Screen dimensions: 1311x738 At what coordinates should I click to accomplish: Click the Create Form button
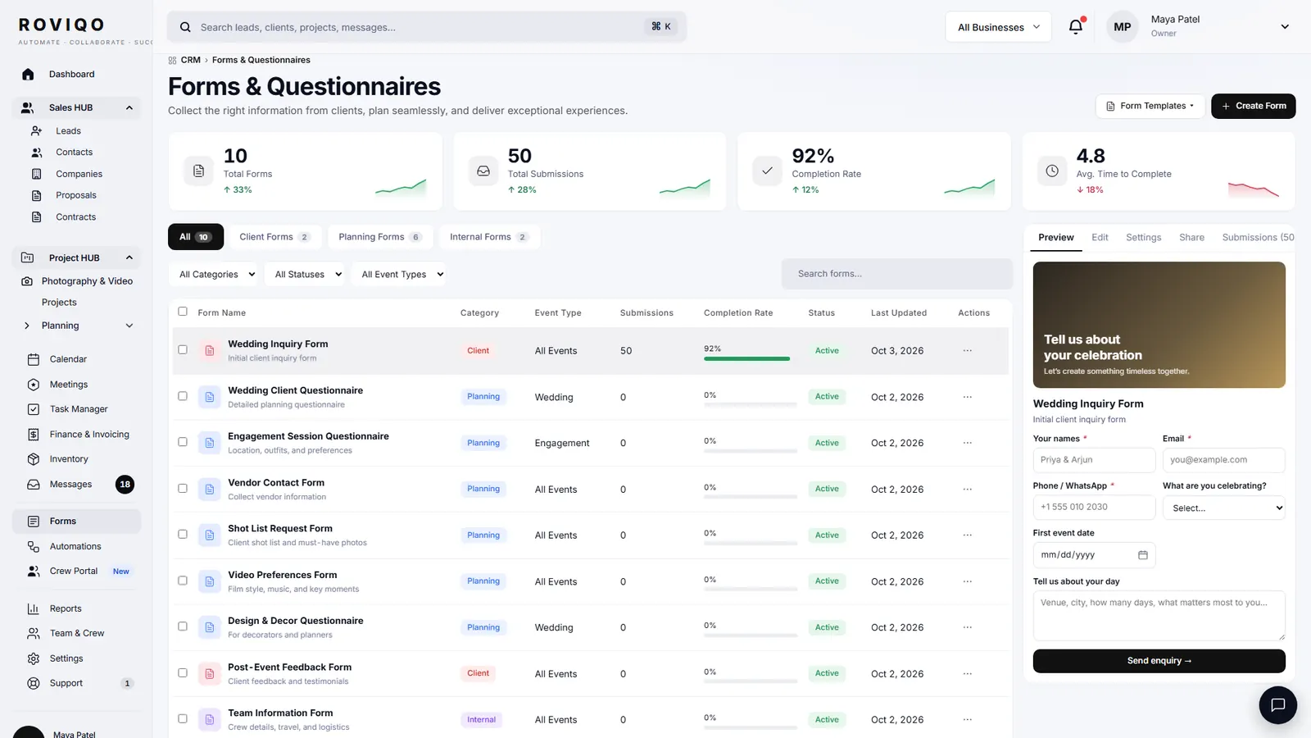[x=1253, y=106]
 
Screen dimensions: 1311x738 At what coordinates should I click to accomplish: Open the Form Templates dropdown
[x=1150, y=106]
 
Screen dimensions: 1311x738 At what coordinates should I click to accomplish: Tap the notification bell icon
[x=1076, y=27]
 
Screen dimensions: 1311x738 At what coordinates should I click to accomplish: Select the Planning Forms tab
[x=380, y=237]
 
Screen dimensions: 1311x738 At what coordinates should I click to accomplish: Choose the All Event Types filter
[x=398, y=274]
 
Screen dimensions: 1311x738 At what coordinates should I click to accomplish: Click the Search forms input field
[x=896, y=274]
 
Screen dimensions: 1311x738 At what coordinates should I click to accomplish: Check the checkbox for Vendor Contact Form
[x=183, y=488]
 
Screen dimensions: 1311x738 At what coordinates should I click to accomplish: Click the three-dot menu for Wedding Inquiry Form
[x=967, y=350]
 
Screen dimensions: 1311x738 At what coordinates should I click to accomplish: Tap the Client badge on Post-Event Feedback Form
[x=478, y=673]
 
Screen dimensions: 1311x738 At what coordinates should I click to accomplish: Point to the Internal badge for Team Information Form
[x=481, y=719]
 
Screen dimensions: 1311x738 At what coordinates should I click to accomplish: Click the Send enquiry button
[x=1159, y=661]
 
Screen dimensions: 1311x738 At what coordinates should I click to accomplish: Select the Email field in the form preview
[x=1224, y=460]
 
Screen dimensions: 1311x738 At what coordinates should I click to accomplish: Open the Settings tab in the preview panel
[x=1143, y=237]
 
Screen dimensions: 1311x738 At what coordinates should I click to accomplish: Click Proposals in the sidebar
[x=76, y=195]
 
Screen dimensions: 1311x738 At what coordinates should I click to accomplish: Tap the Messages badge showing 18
[x=125, y=485]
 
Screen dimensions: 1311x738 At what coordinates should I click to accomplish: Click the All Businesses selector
[x=998, y=27]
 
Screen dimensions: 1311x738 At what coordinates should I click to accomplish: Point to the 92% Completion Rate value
[x=812, y=156]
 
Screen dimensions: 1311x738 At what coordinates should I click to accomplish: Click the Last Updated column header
[x=898, y=312]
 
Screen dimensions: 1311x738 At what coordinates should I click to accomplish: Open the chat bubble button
[x=1277, y=704]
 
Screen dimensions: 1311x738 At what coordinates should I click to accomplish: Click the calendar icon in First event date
[x=1142, y=554]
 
